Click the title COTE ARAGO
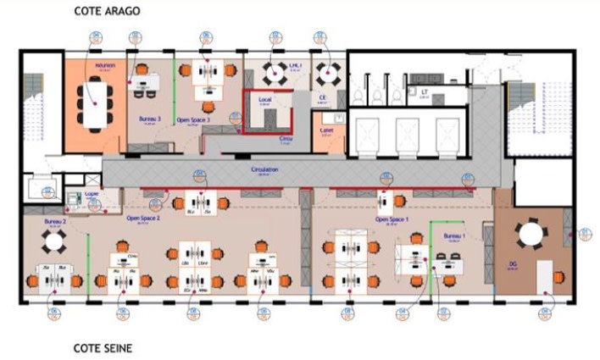[108, 12]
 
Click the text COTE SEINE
[102, 347]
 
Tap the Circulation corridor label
[264, 170]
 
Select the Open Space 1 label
[392, 219]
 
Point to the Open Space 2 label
[143, 218]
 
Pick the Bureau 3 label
[148, 119]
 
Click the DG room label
[513, 264]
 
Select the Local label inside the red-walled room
[264, 100]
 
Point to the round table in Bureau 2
[53, 241]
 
